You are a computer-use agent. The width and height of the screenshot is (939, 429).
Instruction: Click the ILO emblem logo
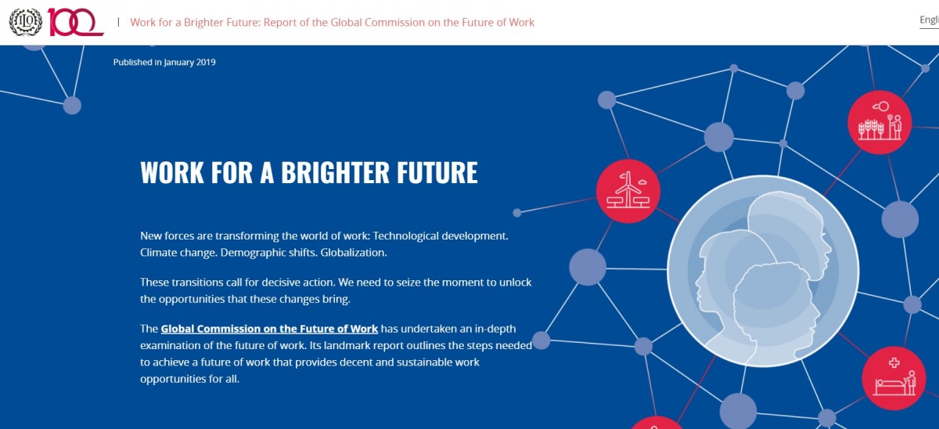pos(26,22)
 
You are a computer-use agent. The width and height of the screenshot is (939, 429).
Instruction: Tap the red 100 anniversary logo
pos(75,22)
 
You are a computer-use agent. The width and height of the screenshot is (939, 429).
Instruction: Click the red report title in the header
pos(332,22)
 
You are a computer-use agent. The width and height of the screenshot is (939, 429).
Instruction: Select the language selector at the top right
pos(930,20)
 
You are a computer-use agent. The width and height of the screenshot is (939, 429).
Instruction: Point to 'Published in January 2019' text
pos(164,62)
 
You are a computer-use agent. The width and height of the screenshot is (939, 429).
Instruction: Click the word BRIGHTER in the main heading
pos(335,172)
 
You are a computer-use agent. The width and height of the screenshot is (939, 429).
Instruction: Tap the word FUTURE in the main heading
pos(437,172)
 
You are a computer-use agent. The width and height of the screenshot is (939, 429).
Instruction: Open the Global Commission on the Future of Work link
pos(269,329)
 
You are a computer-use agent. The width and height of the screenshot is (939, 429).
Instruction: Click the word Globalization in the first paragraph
pos(354,252)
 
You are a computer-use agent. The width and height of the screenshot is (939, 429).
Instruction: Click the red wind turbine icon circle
pos(628,191)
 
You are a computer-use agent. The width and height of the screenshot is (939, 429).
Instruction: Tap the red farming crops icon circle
pos(880,122)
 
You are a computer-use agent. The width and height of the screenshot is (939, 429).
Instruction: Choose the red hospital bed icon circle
pos(894,378)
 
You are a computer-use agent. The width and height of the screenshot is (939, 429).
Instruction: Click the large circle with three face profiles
pos(763,272)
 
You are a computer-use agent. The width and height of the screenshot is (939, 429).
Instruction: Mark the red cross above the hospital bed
pos(894,362)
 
